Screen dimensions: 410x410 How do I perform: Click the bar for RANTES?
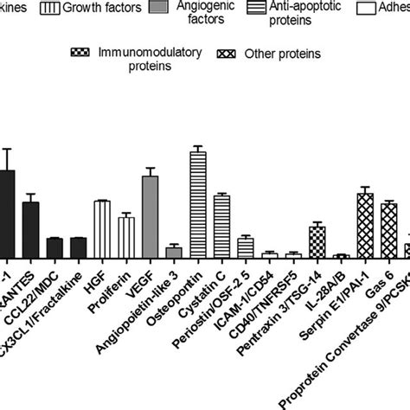[x=30, y=229]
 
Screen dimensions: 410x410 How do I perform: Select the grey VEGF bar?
[x=150, y=216]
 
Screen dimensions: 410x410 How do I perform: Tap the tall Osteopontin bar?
[x=197, y=204]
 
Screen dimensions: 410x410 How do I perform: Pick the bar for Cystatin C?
[x=221, y=226]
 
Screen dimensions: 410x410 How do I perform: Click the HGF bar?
[x=102, y=229]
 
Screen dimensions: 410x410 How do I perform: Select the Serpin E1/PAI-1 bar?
[x=364, y=225]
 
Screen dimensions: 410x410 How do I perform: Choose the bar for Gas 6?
[x=388, y=230]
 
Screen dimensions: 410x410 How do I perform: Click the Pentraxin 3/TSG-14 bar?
[x=317, y=241]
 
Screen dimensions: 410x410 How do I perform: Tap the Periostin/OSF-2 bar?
[x=245, y=247]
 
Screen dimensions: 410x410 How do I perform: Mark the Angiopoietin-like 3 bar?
[x=174, y=252]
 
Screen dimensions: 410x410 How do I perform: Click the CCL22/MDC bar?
[x=54, y=247]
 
